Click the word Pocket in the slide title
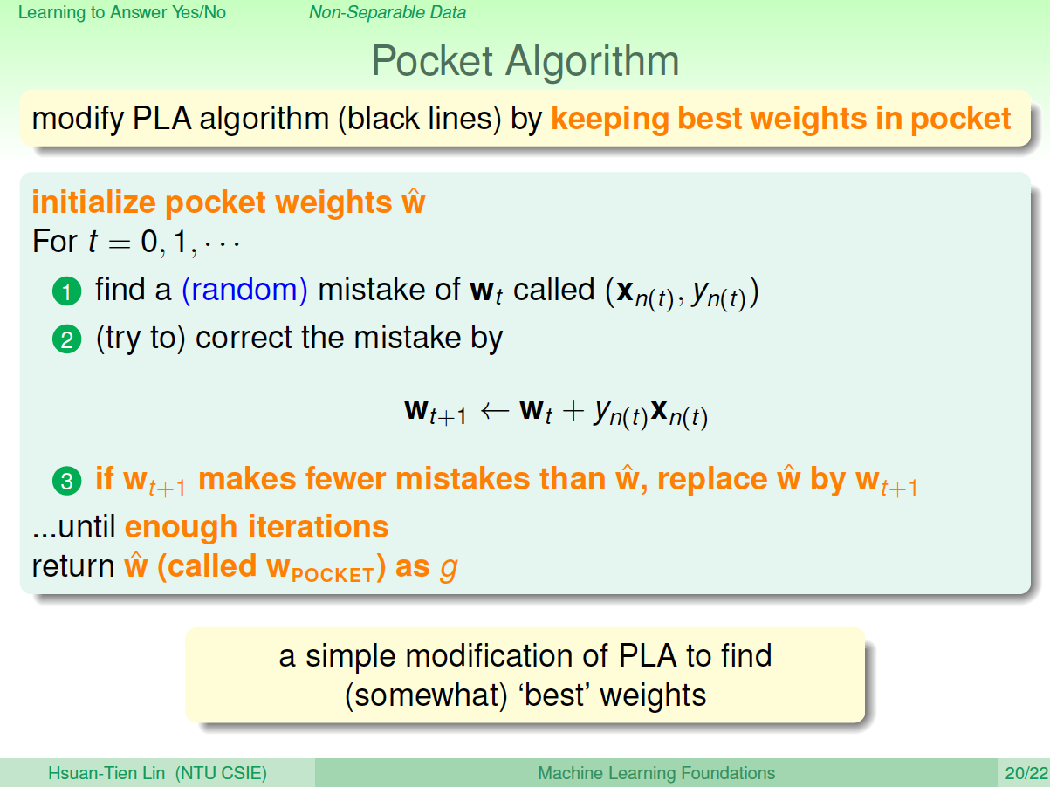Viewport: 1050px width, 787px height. tap(432, 61)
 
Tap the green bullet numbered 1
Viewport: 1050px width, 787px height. tap(67, 291)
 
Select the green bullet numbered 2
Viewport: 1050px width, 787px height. tap(67, 339)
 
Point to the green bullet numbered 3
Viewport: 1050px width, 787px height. tap(67, 481)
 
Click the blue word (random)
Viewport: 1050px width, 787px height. tap(244, 290)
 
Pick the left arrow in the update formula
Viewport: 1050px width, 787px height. tap(495, 411)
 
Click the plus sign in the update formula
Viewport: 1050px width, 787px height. tap(573, 411)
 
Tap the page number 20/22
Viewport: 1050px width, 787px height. tap(1026, 773)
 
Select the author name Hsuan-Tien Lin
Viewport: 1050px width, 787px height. tap(106, 773)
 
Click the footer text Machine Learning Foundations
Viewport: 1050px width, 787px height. tap(656, 773)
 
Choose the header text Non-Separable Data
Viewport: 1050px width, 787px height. tap(388, 12)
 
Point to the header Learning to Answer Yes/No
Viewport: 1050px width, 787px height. tap(122, 12)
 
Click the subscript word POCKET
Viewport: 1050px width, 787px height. tap(333, 575)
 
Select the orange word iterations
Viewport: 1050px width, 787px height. tap(318, 527)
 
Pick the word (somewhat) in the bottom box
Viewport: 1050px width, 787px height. tap(426, 695)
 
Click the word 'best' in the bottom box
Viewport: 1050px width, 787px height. tap(554, 695)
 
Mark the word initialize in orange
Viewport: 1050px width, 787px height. tap(93, 202)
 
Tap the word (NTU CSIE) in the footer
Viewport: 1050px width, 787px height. tap(221, 773)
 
